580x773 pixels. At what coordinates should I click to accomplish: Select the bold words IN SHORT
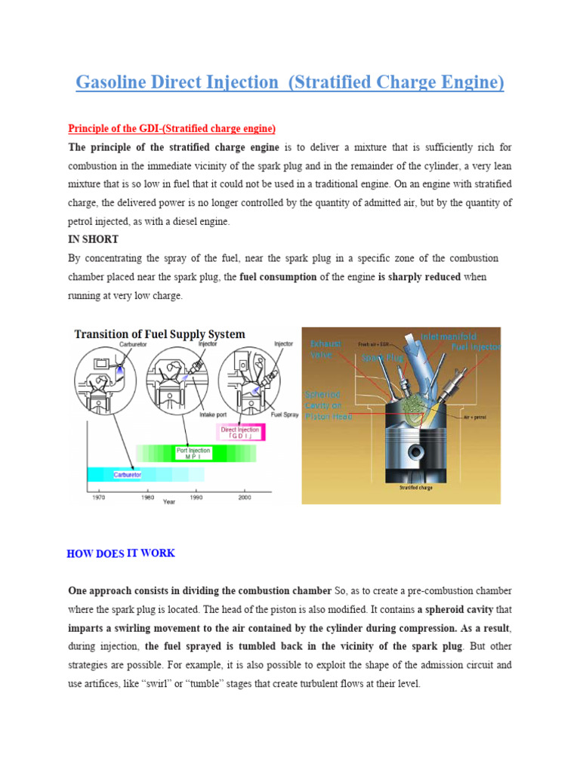pos(93,239)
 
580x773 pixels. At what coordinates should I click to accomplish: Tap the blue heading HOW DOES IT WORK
pos(121,553)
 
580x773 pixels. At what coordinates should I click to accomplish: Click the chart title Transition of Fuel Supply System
pos(159,334)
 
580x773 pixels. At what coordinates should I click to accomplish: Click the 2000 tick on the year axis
pos(245,497)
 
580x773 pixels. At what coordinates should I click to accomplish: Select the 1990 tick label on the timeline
pos(196,497)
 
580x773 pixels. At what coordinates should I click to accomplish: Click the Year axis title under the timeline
pos(169,502)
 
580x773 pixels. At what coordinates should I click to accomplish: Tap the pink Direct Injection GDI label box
pos(238,433)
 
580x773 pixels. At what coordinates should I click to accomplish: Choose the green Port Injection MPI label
pos(193,453)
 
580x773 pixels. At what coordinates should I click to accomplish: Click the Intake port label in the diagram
pos(209,413)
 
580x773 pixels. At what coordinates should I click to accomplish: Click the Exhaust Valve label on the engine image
pos(325,349)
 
